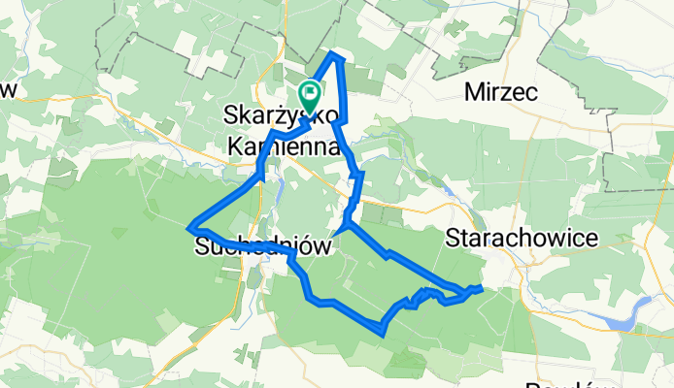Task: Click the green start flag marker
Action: click(311, 95)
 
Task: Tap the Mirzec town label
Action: click(501, 93)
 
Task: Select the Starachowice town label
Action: click(508, 238)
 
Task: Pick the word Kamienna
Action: click(281, 146)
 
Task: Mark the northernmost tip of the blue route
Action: click(336, 54)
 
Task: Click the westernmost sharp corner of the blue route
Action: click(187, 228)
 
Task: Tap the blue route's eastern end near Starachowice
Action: click(480, 287)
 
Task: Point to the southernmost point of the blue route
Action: click(383, 334)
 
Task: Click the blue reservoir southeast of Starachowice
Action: click(622, 316)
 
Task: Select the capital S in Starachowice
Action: click(454, 238)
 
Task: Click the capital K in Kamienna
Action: click(234, 146)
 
